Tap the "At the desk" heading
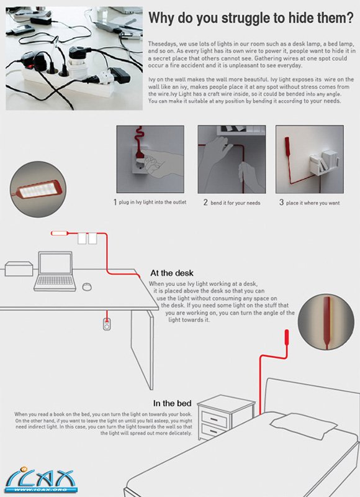pyautogui.click(x=172, y=273)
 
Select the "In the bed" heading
pyautogui.click(x=173, y=403)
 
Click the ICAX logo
pyautogui.click(x=40, y=479)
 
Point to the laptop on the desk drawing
pyautogui.click(x=55, y=271)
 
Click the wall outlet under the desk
pyautogui.click(x=107, y=324)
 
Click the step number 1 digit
pyautogui.click(x=115, y=203)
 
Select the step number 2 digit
pyautogui.click(x=205, y=203)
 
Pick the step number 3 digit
pyautogui.click(x=281, y=203)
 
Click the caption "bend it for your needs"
pyautogui.click(x=235, y=203)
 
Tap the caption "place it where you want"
pyautogui.click(x=313, y=203)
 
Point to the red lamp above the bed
pyautogui.click(x=287, y=337)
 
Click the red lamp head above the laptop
pyautogui.click(x=60, y=234)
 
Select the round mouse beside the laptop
pyautogui.click(x=87, y=286)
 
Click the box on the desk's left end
pyautogui.click(x=19, y=268)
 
